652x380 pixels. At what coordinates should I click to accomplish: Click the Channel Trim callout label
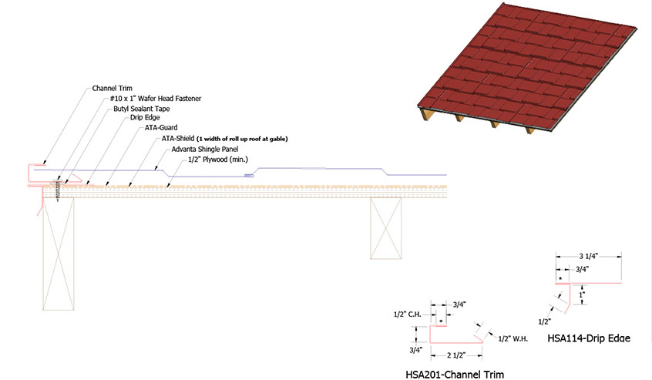point(113,88)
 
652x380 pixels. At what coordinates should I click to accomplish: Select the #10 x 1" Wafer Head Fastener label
point(156,99)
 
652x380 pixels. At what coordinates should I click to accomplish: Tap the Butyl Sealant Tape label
point(141,109)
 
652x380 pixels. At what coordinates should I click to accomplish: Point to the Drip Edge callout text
point(145,118)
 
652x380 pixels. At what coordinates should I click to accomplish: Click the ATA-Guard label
point(161,128)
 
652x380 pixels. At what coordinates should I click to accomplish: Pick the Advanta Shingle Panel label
point(205,150)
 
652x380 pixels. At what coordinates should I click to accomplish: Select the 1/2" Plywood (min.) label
point(218,160)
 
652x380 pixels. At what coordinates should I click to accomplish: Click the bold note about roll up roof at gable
point(242,139)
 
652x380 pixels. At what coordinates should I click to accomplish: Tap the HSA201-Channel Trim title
point(455,375)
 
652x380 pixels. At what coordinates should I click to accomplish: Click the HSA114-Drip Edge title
point(589,338)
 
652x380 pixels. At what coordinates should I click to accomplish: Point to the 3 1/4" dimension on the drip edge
point(588,257)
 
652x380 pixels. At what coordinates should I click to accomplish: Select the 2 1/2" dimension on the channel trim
point(456,355)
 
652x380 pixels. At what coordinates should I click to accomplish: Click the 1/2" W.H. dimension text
point(513,339)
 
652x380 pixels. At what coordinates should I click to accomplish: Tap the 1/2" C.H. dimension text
point(408,314)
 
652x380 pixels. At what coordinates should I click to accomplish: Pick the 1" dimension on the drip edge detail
point(582,294)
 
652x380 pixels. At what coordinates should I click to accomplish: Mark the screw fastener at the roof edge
point(57,190)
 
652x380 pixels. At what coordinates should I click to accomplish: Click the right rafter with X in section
point(386,228)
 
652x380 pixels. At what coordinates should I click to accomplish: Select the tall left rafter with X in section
point(59,254)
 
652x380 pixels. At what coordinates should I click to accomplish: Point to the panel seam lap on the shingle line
point(249,176)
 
